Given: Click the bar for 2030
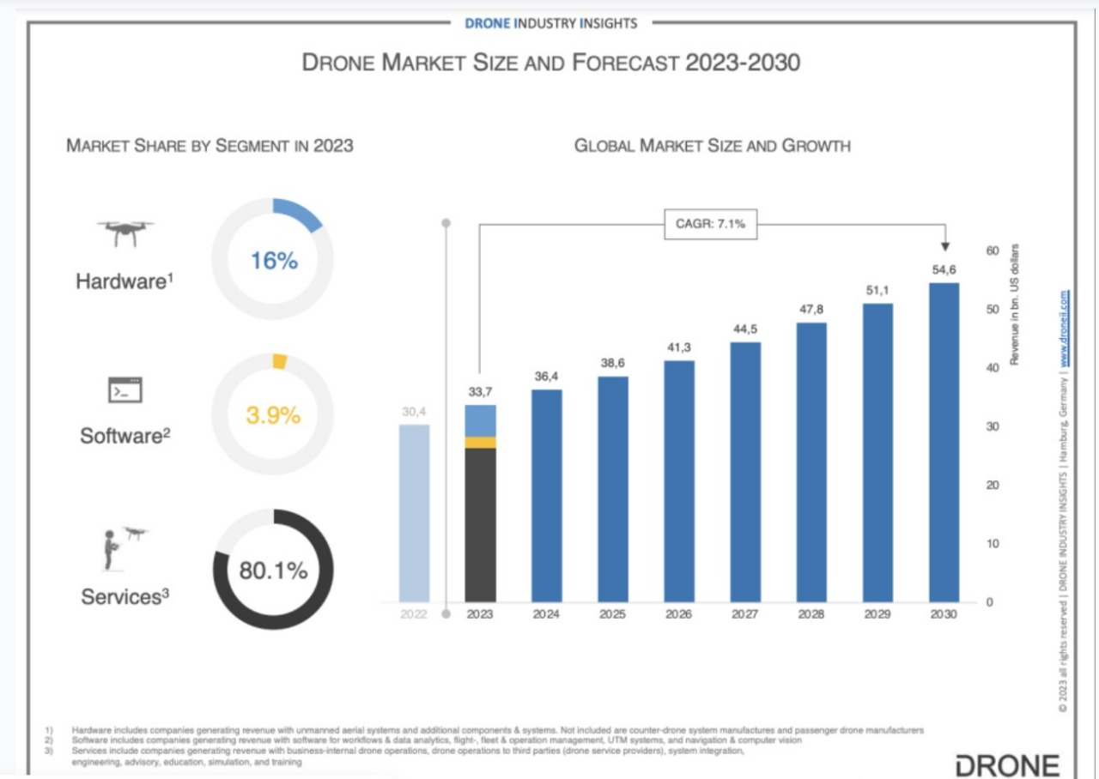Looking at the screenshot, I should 944,442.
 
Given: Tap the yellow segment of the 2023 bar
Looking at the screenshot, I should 481,443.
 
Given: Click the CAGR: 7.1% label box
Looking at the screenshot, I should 710,226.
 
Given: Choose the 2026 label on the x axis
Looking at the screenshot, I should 679,615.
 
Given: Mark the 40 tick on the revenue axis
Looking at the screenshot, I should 993,368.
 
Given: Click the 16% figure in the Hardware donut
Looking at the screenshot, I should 274,261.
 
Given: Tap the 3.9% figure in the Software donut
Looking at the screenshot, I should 273,416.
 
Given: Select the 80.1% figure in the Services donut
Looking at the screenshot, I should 273,571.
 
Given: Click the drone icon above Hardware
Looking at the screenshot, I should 125,231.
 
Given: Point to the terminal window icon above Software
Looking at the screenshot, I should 124,390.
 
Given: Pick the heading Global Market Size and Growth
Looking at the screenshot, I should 712,146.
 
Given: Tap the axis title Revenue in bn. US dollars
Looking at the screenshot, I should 1014,305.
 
